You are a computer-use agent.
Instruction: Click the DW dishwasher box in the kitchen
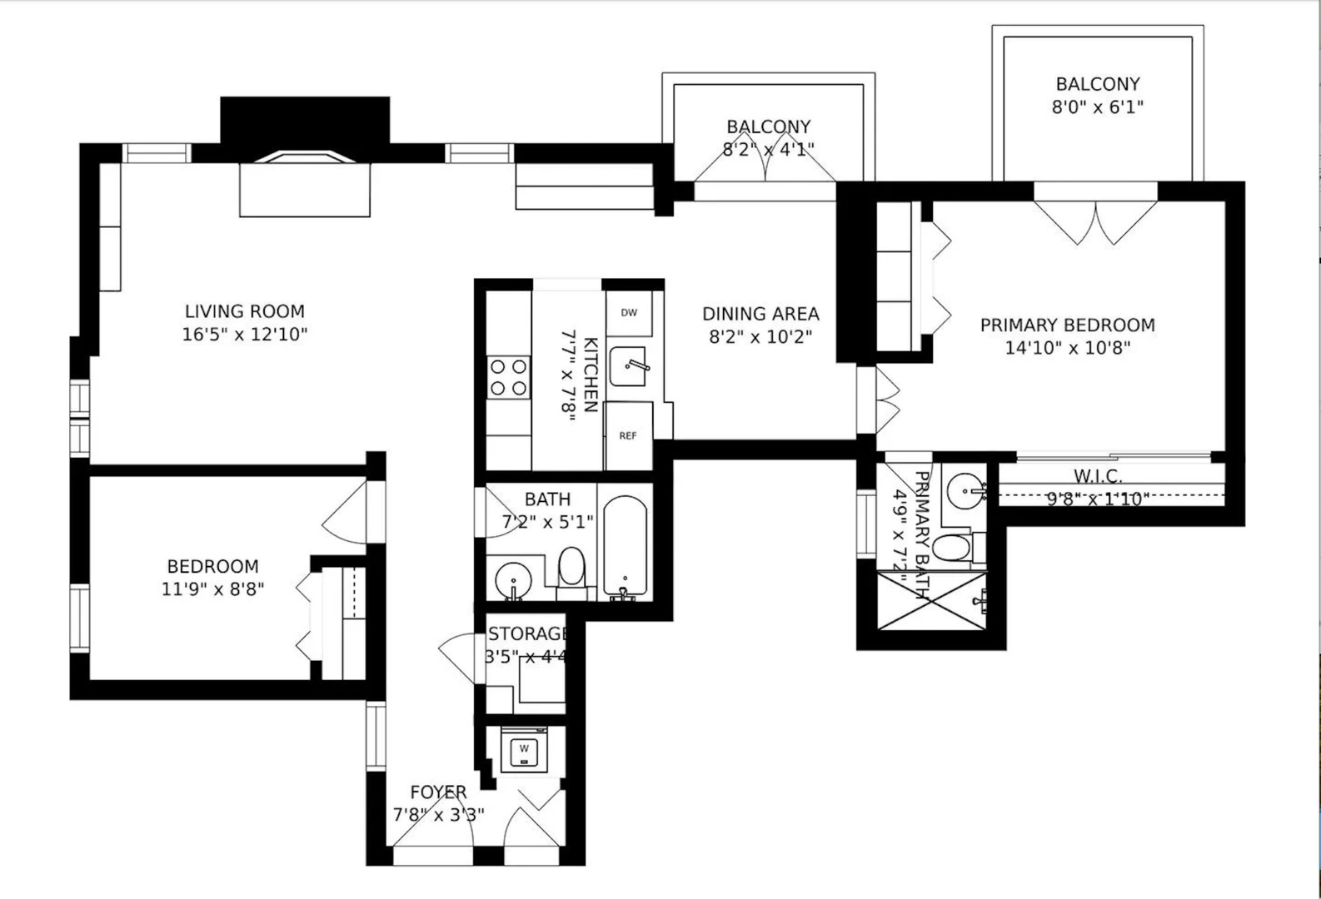point(629,313)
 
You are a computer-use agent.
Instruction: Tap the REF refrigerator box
point(628,435)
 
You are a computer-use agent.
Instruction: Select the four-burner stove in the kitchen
point(508,377)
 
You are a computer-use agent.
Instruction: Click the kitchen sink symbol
point(629,366)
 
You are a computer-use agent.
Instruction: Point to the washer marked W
point(524,749)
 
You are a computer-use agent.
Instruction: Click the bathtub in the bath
point(625,546)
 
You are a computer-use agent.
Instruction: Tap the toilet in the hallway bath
point(571,569)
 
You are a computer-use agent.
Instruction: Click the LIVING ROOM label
point(245,311)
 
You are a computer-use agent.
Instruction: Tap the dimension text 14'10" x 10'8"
point(1067,348)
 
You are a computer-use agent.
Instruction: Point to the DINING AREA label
point(760,314)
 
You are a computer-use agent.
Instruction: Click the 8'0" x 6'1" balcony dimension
point(1097,107)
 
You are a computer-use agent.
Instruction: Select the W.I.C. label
point(1097,476)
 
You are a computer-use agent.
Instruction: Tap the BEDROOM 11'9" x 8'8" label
point(212,567)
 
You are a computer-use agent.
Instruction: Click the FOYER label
point(438,792)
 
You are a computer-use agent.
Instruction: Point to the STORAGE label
point(526,634)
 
